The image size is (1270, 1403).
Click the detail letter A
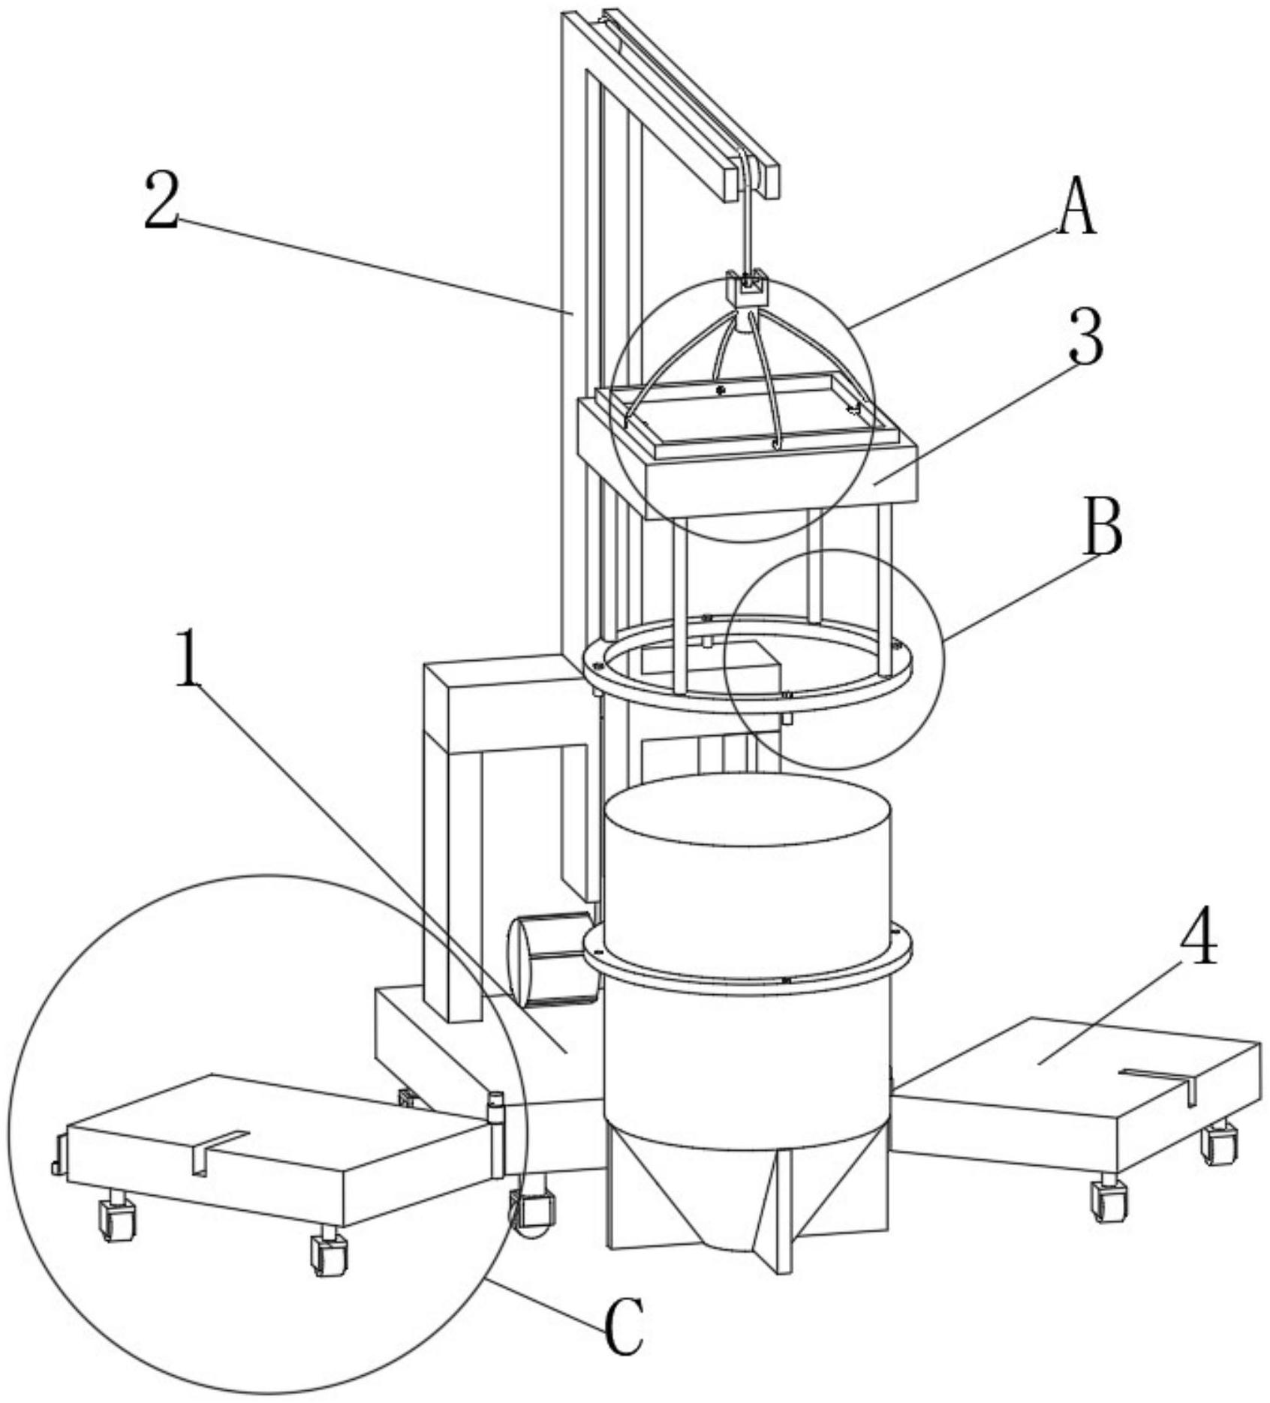coord(1077,206)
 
